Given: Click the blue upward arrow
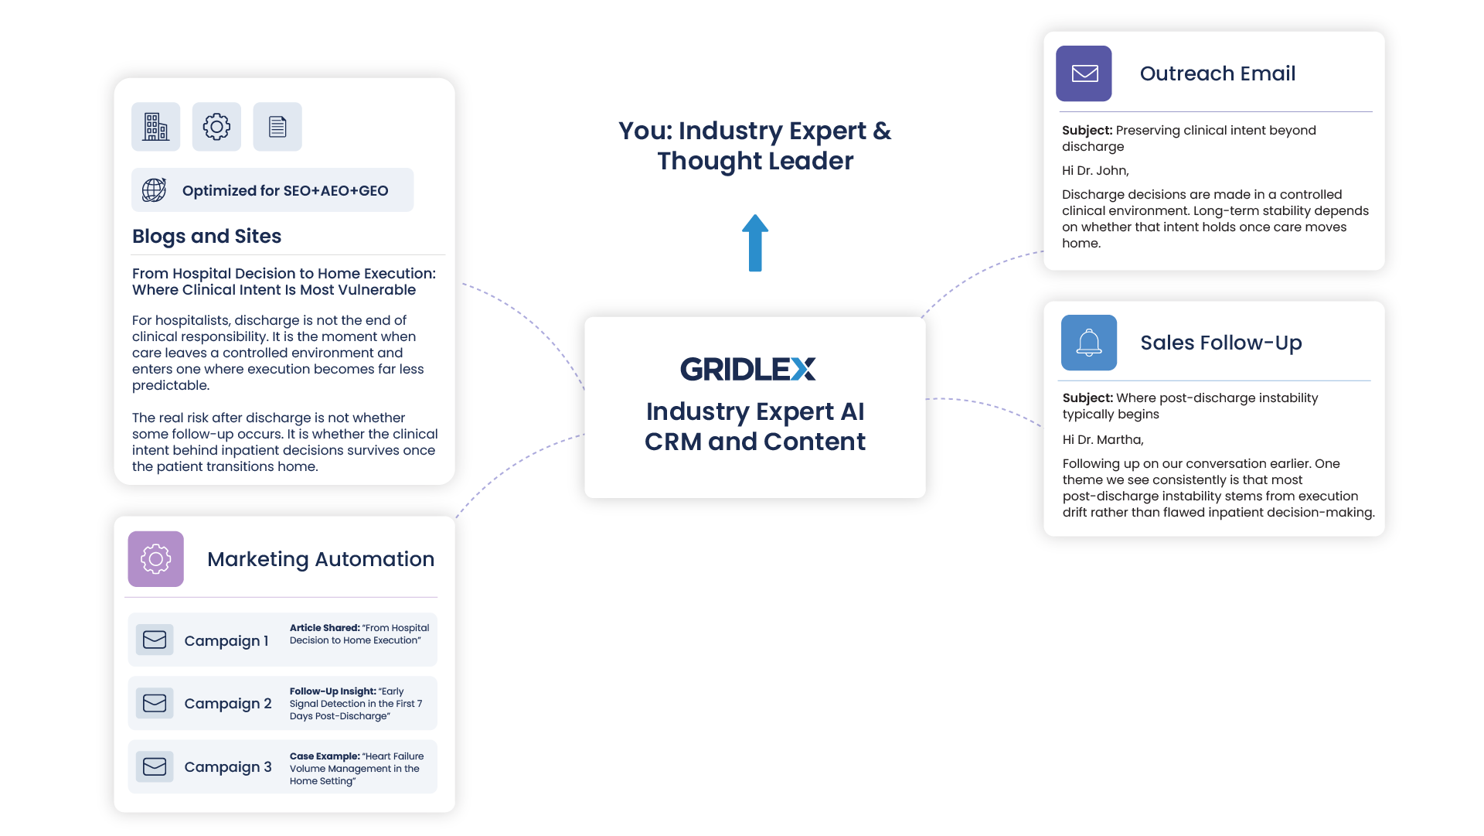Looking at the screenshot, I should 755,243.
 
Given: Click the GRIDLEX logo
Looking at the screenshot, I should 747,369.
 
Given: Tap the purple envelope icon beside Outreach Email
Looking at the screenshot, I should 1084,73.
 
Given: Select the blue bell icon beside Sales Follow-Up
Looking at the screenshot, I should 1088,343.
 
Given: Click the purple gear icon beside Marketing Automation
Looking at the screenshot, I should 155,558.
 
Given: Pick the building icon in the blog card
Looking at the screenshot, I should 155,126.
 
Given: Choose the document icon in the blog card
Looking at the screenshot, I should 277,126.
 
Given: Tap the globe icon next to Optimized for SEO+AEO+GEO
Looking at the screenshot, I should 154,190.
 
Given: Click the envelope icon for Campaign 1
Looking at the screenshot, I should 155,640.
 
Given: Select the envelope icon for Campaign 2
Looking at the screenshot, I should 155,703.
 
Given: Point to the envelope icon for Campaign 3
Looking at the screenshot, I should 155,766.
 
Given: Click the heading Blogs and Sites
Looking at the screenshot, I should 206,236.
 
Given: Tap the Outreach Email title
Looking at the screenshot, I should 1217,73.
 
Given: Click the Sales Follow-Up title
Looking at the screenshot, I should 1220,343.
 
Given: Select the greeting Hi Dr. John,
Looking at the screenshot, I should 1095,171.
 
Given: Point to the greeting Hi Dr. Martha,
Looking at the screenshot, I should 1102,440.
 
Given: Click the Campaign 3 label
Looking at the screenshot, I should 228,766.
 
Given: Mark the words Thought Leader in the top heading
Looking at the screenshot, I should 755,161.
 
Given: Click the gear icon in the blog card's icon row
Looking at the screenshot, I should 216,126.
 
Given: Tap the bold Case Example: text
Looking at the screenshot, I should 325,756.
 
